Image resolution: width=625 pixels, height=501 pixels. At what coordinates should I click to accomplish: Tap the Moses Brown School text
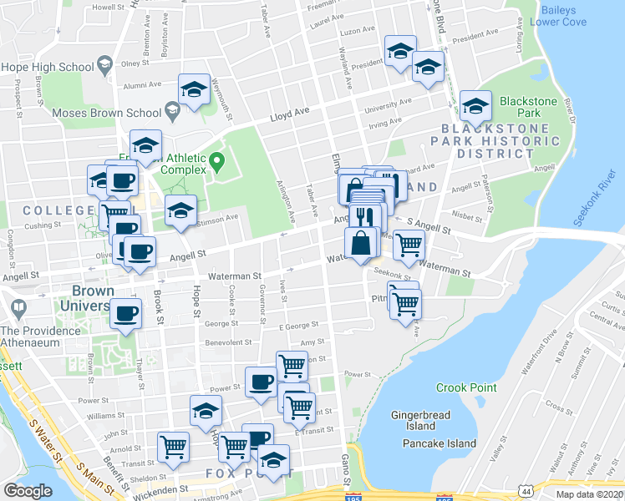pyautogui.click(x=105, y=112)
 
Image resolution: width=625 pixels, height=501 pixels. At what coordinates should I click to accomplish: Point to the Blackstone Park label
pyautogui.click(x=528, y=107)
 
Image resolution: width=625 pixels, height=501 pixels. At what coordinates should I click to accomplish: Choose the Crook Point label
pyautogui.click(x=466, y=387)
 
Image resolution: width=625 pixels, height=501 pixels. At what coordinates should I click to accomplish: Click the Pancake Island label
pyautogui.click(x=439, y=443)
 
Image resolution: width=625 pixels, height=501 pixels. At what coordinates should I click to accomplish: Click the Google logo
pyautogui.click(x=28, y=491)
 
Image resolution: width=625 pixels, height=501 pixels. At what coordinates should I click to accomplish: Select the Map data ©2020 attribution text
pyautogui.click(x=590, y=494)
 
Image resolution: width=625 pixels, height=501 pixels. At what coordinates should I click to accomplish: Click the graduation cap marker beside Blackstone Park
pyautogui.click(x=475, y=106)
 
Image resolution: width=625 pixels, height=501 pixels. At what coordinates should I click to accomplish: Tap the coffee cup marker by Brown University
pyautogui.click(x=126, y=314)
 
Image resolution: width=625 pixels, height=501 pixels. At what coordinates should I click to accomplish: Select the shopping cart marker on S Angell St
pyautogui.click(x=409, y=245)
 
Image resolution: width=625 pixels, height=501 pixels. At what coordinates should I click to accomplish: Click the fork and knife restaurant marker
pyautogui.click(x=364, y=217)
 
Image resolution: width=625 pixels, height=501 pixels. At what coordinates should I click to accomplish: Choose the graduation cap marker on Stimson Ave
pyautogui.click(x=180, y=211)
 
